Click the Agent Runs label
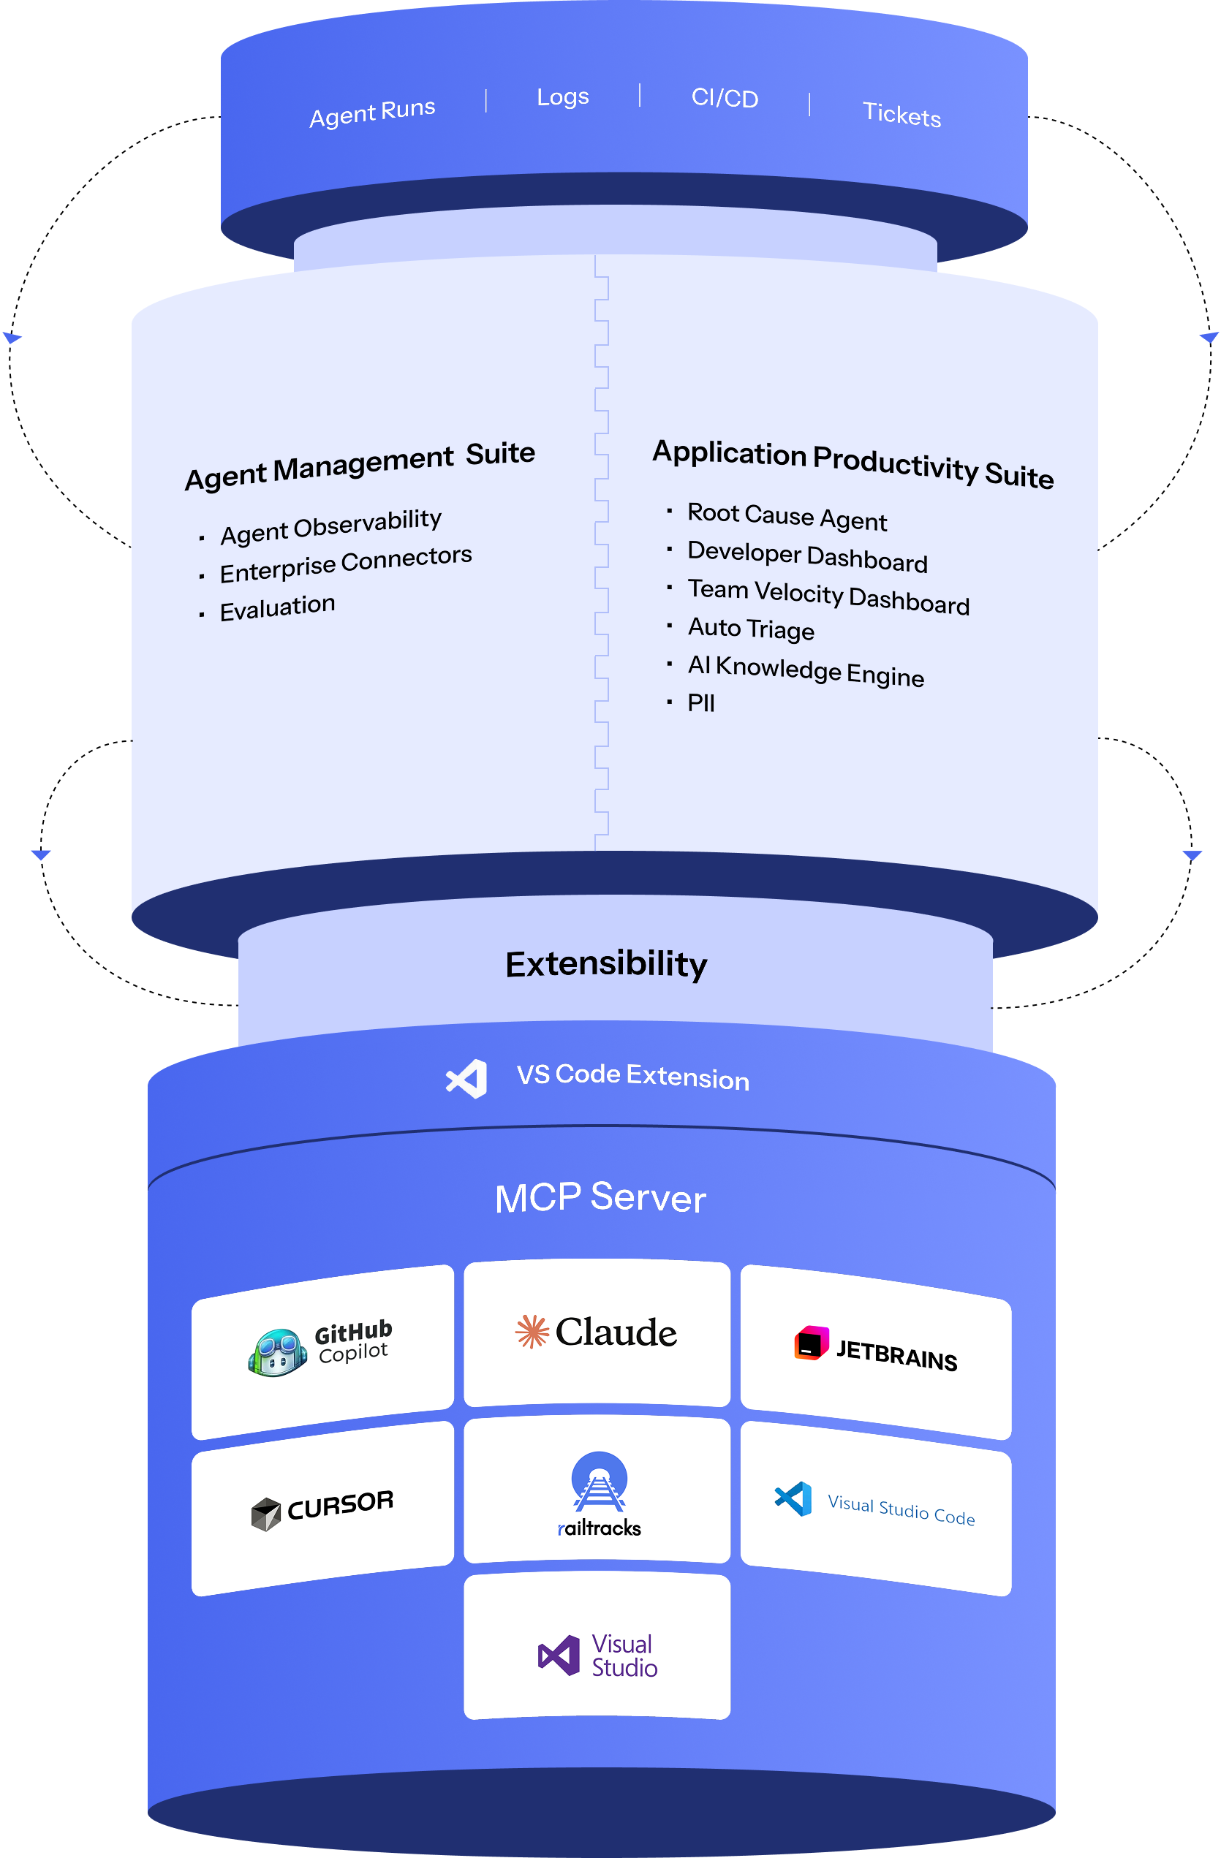(372, 113)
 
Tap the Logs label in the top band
(562, 96)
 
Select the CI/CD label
(725, 99)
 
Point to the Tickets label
(901, 115)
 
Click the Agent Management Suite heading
(360, 466)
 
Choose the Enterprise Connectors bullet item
(346, 564)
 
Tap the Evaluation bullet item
(277, 607)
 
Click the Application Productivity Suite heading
(853, 463)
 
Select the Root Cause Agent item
(787, 517)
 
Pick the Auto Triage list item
(751, 629)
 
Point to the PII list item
(700, 702)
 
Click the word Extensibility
(606, 964)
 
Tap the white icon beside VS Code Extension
(467, 1079)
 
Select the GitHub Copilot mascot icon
(277, 1352)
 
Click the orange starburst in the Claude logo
(532, 1332)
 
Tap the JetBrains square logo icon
(811, 1343)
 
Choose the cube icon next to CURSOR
(265, 1514)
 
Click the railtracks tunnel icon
(599, 1480)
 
